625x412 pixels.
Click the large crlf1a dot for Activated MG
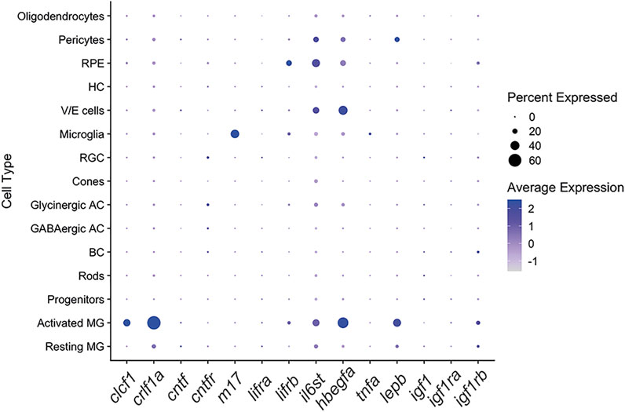(x=154, y=323)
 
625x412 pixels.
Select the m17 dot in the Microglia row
(x=235, y=134)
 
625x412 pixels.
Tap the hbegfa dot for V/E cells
(x=343, y=111)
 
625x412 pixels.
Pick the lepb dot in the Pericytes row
(x=397, y=39)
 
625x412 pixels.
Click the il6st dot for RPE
(x=316, y=63)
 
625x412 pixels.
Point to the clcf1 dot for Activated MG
(x=127, y=323)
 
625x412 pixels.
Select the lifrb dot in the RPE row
(x=289, y=63)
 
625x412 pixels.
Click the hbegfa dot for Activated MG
(x=343, y=323)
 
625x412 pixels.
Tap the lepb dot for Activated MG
(x=397, y=323)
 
